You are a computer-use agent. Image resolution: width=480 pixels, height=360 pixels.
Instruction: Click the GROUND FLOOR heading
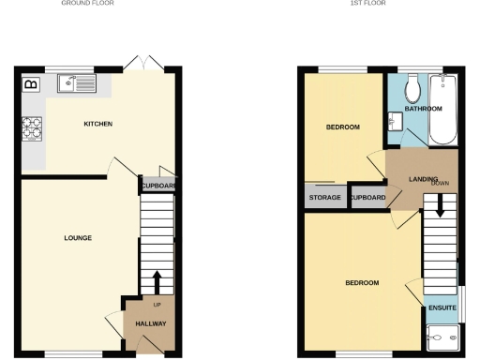82,3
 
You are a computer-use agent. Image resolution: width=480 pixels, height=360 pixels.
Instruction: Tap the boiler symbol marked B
31,84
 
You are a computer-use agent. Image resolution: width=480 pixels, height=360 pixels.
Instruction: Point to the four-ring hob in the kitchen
32,127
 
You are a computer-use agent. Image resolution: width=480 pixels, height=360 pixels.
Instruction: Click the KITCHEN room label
98,124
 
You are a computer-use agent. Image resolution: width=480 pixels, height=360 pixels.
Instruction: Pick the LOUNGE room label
78,238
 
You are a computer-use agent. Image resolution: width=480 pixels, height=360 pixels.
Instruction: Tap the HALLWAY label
151,323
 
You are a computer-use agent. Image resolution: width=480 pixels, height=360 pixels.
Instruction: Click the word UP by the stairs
157,306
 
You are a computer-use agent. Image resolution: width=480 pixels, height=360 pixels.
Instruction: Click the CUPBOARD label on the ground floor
157,186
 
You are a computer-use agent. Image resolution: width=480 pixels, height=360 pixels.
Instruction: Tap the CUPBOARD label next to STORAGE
367,198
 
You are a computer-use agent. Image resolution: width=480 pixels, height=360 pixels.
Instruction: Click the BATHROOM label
423,109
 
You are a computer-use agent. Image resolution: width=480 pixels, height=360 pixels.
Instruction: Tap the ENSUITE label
442,307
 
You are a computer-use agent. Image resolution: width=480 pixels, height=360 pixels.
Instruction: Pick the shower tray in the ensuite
442,337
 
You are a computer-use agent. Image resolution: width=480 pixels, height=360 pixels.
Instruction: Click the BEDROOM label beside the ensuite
362,282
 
